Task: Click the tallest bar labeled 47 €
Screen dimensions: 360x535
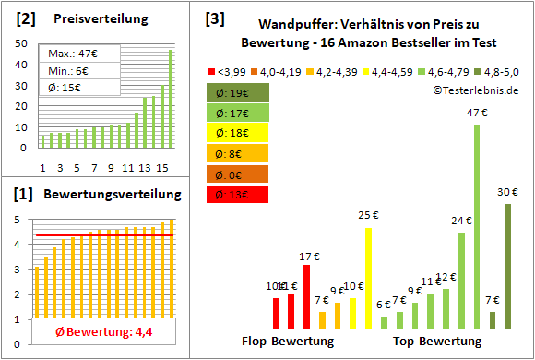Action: [477, 226]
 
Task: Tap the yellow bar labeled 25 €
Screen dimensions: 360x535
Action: [368, 278]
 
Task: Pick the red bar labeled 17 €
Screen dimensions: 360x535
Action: [306, 296]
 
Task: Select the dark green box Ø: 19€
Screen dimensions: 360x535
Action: [238, 91]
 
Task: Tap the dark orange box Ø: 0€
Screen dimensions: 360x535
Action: [238, 174]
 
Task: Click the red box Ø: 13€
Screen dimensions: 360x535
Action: [238, 194]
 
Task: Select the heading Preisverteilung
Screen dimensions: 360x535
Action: [91, 19]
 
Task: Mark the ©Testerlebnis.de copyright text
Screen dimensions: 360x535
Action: [474, 89]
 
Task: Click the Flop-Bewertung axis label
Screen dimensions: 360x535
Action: [287, 341]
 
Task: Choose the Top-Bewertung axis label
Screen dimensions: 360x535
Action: [437, 341]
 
